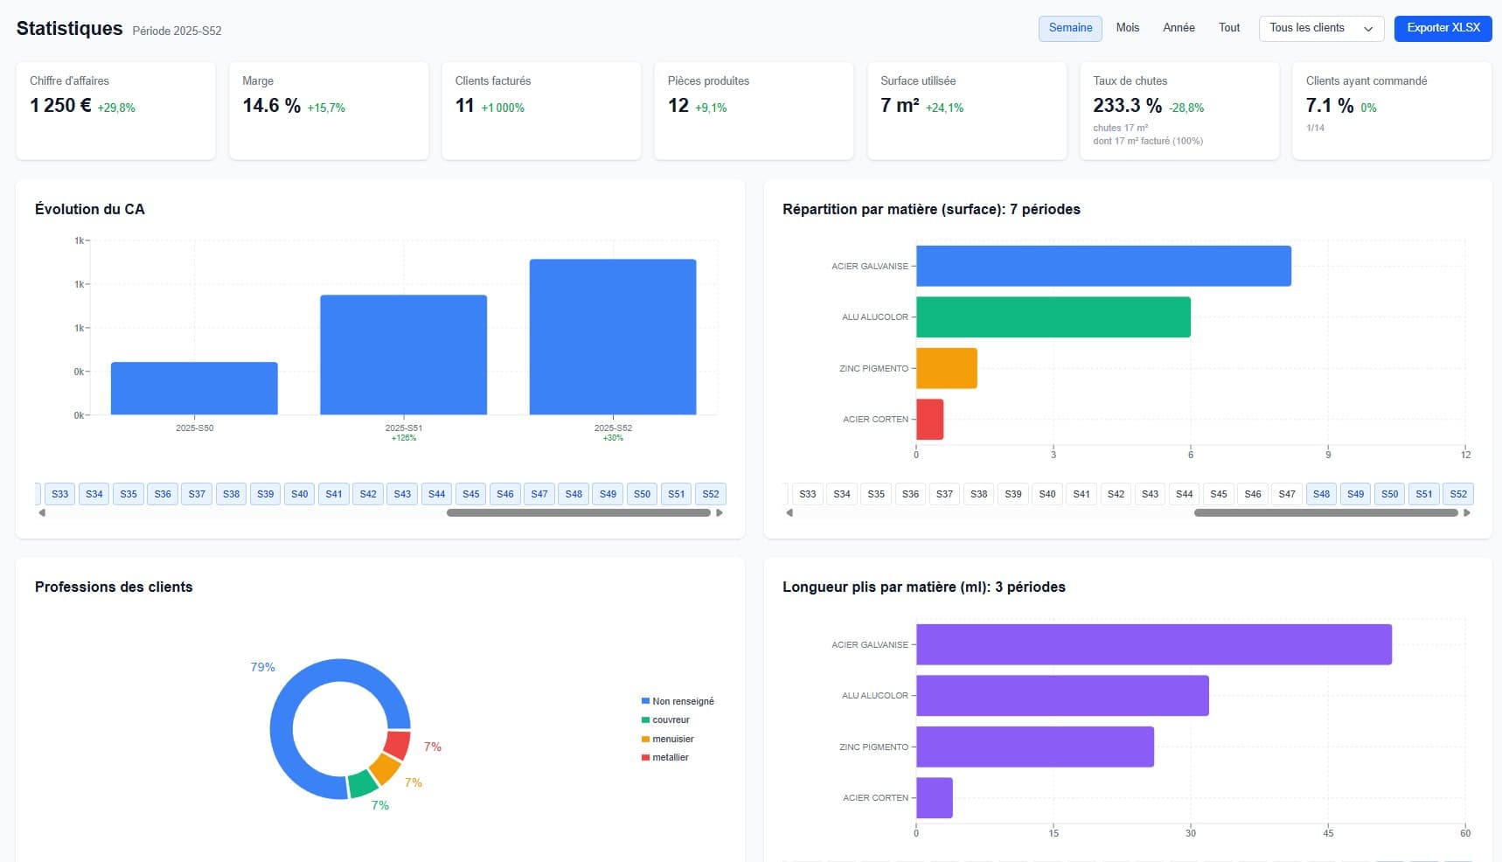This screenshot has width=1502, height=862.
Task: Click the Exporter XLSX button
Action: tap(1443, 28)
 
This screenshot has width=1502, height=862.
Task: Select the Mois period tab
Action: tap(1127, 28)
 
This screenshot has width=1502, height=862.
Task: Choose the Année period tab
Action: tap(1179, 28)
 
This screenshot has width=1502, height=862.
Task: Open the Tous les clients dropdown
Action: tap(1321, 28)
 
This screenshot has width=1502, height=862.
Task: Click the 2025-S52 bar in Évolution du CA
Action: tap(613, 337)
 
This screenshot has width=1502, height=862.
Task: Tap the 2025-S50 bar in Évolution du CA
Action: tap(194, 388)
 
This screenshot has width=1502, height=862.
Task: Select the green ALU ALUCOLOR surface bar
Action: tap(1053, 316)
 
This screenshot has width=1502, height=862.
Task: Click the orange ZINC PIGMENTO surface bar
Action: tap(947, 368)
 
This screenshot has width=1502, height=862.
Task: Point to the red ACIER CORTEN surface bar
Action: tap(930, 420)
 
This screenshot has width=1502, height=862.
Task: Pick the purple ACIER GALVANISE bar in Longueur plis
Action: tap(1154, 644)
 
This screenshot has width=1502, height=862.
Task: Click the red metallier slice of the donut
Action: tap(398, 745)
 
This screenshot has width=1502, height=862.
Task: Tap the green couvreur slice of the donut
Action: tap(362, 783)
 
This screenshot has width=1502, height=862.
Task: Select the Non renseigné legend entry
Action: tap(678, 701)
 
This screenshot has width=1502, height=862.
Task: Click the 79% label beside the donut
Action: tap(262, 667)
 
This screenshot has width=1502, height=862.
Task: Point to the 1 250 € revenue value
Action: tap(60, 106)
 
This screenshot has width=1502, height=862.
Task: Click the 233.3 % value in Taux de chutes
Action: tap(1127, 106)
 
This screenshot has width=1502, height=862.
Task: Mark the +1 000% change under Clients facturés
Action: tap(503, 108)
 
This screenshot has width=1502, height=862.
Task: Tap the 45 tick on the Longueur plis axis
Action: tap(1328, 833)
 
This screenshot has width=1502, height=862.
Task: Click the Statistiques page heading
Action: tap(69, 28)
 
